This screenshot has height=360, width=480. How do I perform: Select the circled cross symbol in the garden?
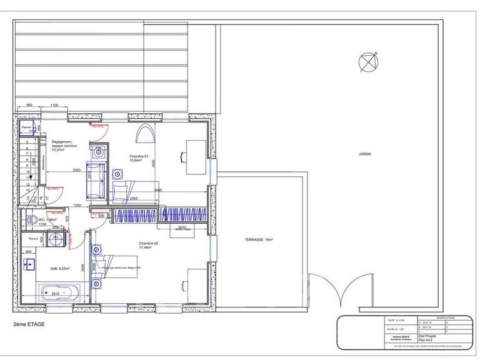(369, 61)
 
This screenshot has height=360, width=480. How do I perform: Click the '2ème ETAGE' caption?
(29, 324)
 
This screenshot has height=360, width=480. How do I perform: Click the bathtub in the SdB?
(59, 291)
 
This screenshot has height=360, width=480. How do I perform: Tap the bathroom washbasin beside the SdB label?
(29, 264)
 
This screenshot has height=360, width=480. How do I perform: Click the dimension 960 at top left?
(29, 105)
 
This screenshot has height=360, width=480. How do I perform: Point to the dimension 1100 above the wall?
(54, 105)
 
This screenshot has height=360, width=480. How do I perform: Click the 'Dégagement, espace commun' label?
(64, 145)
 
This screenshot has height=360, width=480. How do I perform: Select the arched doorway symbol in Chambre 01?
(145, 134)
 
